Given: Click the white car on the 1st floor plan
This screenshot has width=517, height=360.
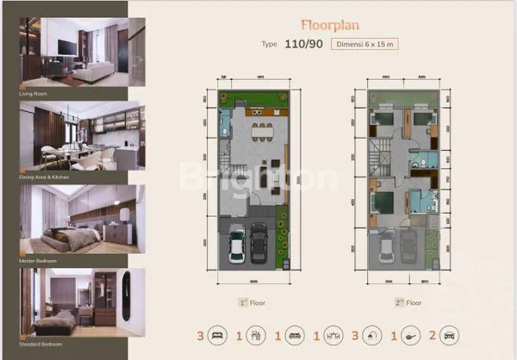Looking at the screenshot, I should [x=237, y=245].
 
